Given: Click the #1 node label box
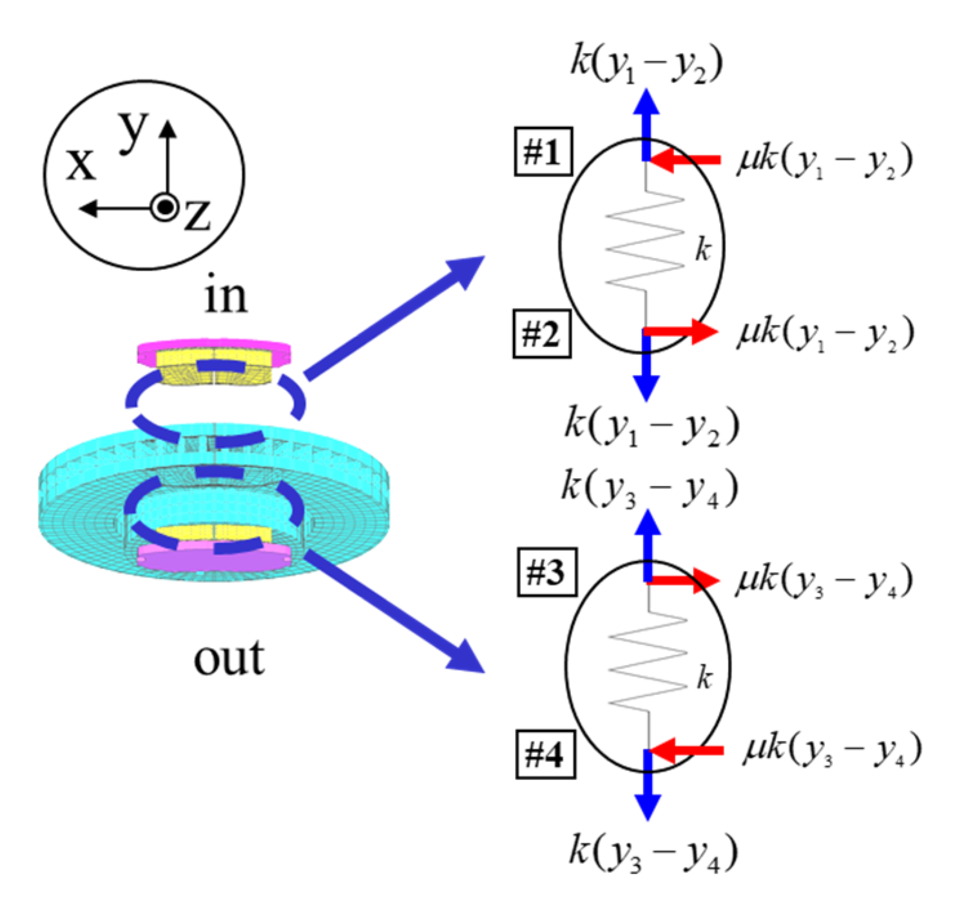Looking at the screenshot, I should [543, 152].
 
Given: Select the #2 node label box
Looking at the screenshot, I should [541, 334].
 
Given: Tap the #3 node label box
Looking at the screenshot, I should [546, 572].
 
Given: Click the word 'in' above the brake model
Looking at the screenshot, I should [226, 296].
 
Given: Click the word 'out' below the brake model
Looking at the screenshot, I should [229, 658].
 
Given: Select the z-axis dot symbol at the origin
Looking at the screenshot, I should [166, 207].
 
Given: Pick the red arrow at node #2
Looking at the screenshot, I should [682, 332].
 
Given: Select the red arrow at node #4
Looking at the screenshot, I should [687, 750].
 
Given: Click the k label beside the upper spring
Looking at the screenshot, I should [703, 249].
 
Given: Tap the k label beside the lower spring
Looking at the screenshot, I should [705, 677].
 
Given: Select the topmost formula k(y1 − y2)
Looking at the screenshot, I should [646, 63].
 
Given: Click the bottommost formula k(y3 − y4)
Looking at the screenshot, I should [653, 853].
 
